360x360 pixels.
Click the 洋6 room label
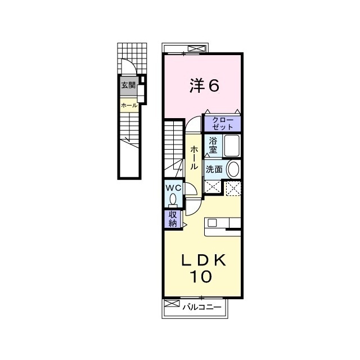point(204,85)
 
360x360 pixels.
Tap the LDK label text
point(204,260)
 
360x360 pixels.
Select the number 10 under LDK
point(200,277)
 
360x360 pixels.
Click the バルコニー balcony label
point(202,307)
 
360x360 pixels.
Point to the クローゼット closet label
point(223,124)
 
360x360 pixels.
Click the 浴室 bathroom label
point(213,145)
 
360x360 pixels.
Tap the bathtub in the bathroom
point(232,146)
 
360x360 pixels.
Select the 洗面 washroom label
point(214,169)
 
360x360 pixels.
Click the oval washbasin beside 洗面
point(233,169)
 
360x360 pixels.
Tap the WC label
point(173,188)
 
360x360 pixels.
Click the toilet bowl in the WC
point(173,199)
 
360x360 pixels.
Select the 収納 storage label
point(173,219)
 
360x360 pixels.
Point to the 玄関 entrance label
point(128,85)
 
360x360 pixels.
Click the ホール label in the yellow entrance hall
point(129,106)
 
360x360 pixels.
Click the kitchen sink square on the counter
point(212,223)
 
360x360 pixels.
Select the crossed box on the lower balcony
point(172,303)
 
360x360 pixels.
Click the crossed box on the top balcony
point(196,49)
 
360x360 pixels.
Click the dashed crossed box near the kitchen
point(233,188)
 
